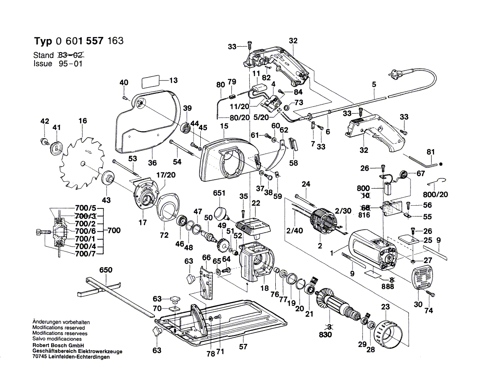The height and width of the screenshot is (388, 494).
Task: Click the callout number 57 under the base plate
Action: point(243,346)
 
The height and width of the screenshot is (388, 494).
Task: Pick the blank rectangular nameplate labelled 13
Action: point(151,82)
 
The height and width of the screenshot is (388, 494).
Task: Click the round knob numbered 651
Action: point(221,212)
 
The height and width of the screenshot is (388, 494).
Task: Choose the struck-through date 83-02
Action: point(71,55)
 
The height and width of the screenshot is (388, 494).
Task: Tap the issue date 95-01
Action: point(70,64)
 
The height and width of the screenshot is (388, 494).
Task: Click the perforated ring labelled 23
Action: point(389,333)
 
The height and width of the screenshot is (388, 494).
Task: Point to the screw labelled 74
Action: point(433,294)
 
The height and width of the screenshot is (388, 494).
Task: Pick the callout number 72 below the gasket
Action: point(164,235)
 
